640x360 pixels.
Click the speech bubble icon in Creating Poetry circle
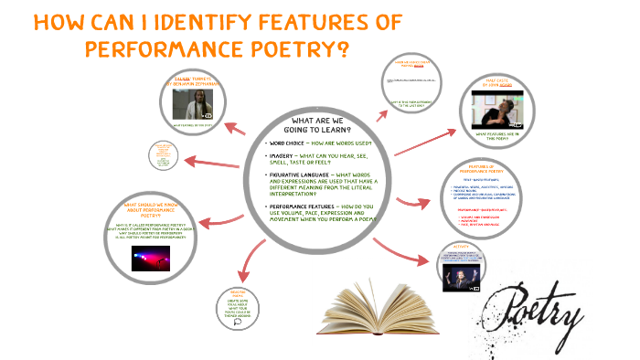click(238, 321)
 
